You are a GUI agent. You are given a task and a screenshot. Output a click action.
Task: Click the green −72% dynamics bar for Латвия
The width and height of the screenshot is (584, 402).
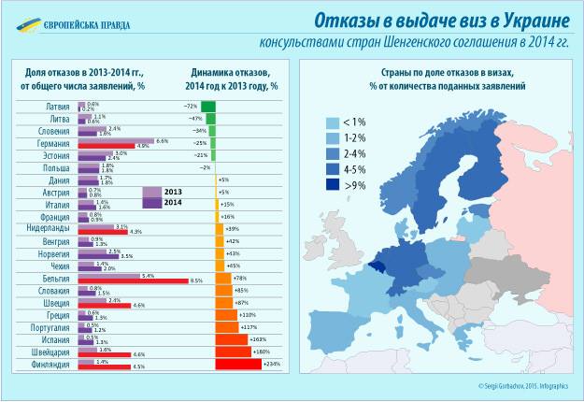pos(208,107)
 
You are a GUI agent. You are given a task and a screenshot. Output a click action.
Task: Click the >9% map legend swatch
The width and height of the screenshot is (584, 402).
pos(332,185)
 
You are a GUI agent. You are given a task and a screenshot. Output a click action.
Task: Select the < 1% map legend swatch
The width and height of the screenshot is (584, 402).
pos(332,122)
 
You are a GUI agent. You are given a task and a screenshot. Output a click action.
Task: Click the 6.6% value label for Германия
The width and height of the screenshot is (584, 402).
pos(162,140)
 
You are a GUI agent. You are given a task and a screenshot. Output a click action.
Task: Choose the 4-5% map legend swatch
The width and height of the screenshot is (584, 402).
pos(332,169)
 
